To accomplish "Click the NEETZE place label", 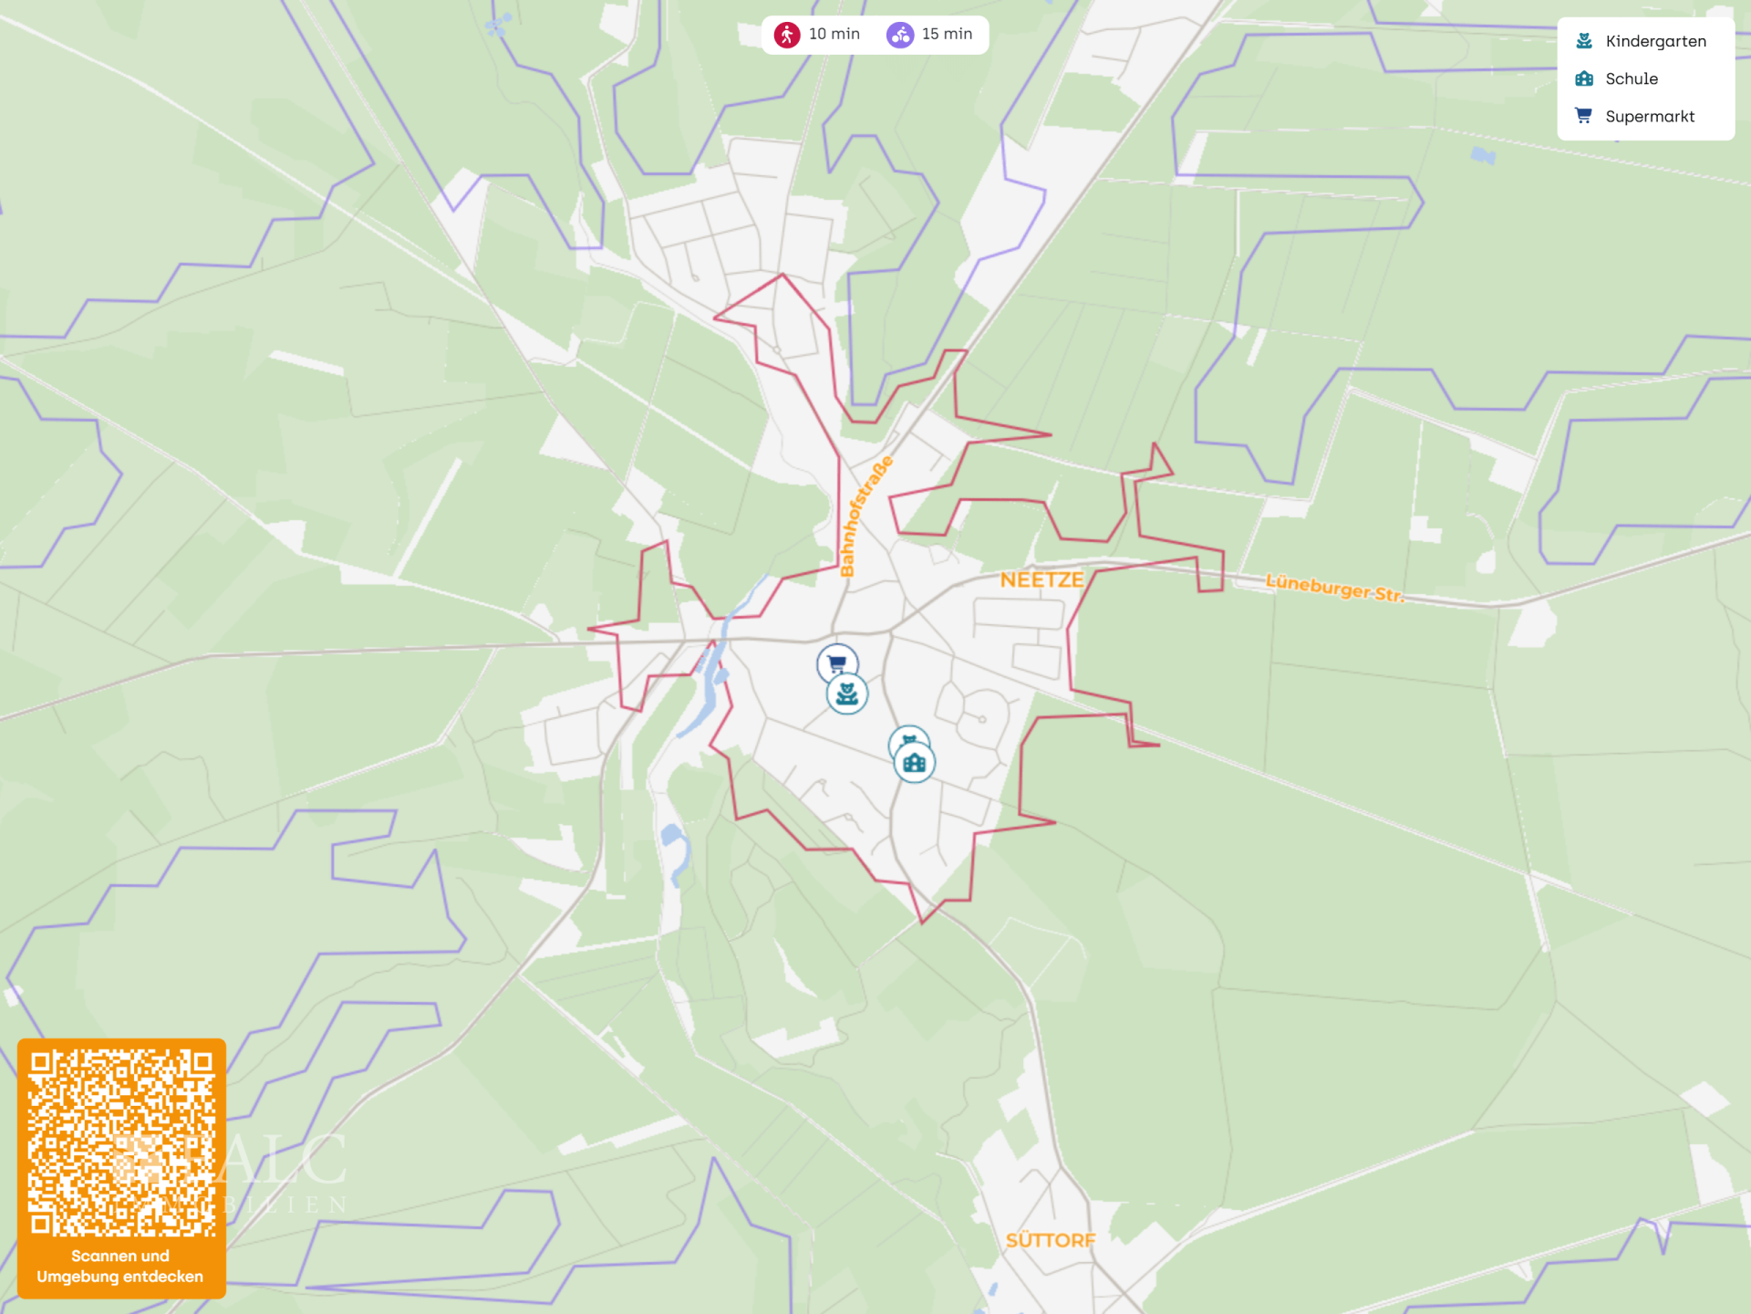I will pyautogui.click(x=1041, y=580).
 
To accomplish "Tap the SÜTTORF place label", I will pyautogui.click(x=1050, y=1240).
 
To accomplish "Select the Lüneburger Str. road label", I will pyautogui.click(x=1334, y=588).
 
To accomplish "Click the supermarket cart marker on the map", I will pyautogui.click(x=836, y=662).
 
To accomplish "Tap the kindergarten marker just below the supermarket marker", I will pyautogui.click(x=847, y=695).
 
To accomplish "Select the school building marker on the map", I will pyautogui.click(x=915, y=763).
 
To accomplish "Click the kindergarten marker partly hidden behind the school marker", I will pyautogui.click(x=907, y=737).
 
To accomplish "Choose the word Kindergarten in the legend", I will pyautogui.click(x=1655, y=41).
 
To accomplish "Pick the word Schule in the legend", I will pyautogui.click(x=1632, y=78).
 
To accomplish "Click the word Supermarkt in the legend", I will pyautogui.click(x=1650, y=117).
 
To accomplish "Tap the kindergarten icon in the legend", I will pyautogui.click(x=1584, y=41).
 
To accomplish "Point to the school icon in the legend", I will pyautogui.click(x=1584, y=78).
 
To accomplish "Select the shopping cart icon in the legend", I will pyautogui.click(x=1584, y=116).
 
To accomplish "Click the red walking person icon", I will pyautogui.click(x=787, y=35).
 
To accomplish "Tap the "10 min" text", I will pyautogui.click(x=834, y=34).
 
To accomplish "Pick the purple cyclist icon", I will pyautogui.click(x=900, y=35).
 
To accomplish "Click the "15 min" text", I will pyautogui.click(x=947, y=34).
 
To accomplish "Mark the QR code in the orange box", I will pyautogui.click(x=121, y=1142).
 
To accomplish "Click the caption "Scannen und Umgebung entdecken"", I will pyautogui.click(x=120, y=1267).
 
